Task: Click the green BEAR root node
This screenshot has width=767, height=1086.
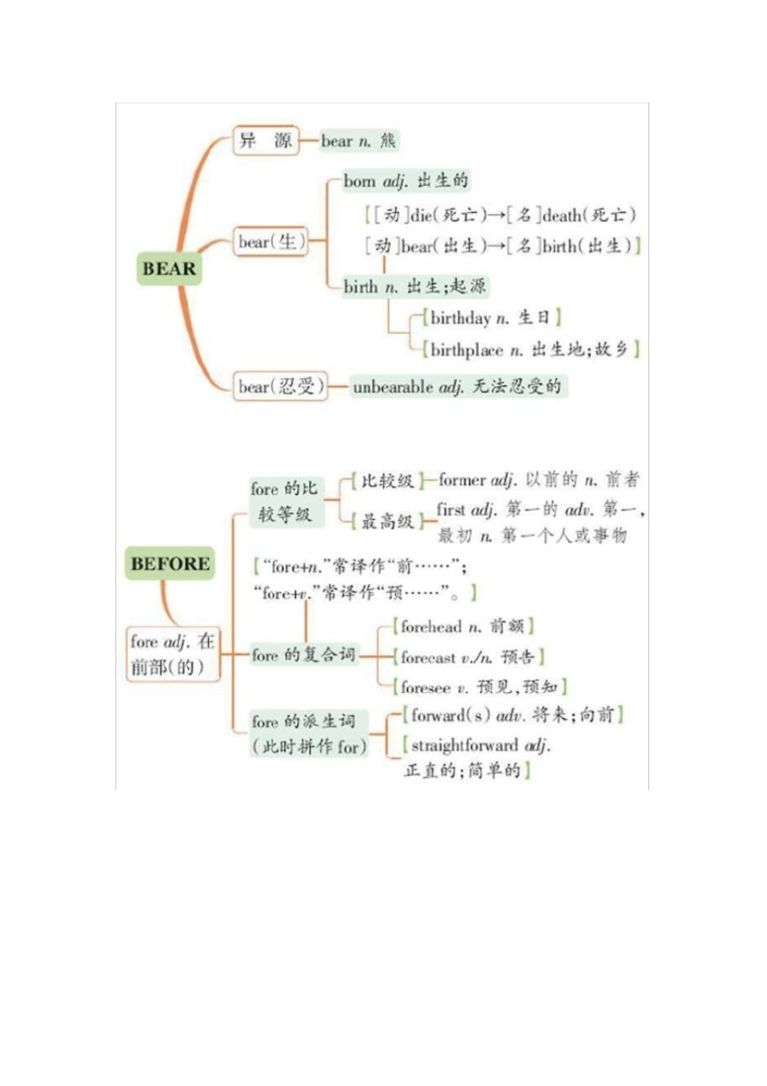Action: click(x=169, y=269)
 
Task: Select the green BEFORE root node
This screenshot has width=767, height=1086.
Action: click(x=170, y=564)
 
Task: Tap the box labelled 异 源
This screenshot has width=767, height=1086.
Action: click(x=265, y=140)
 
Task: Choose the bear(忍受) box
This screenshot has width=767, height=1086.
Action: click(x=280, y=387)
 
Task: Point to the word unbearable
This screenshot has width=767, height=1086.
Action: click(x=392, y=387)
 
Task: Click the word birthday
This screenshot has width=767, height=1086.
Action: click(x=460, y=317)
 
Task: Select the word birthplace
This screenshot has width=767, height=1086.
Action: click(x=466, y=350)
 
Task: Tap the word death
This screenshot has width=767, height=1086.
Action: click(x=562, y=216)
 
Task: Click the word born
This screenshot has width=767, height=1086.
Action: click(x=359, y=181)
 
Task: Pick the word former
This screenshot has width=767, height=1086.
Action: click(x=462, y=480)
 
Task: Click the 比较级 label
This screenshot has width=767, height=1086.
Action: click(x=387, y=481)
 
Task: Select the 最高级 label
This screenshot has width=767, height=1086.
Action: click(x=387, y=522)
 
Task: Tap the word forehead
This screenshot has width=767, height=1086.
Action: click(x=431, y=627)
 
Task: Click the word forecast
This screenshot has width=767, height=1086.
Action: click(x=428, y=657)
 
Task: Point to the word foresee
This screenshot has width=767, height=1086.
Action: click(x=425, y=687)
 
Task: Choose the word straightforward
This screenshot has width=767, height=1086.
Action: click(x=464, y=744)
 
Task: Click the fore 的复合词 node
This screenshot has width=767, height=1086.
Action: click(x=303, y=655)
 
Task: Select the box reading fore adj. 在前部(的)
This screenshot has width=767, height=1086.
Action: click(x=173, y=654)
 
